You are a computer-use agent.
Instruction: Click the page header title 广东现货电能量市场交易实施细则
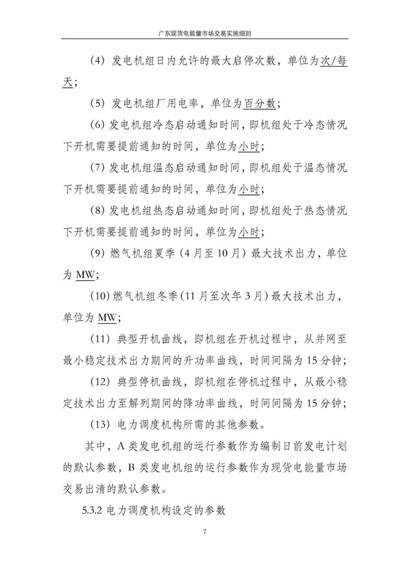[x=204, y=32]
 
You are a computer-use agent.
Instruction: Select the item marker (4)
[x=97, y=61]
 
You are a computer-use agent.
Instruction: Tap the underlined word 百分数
[x=262, y=104]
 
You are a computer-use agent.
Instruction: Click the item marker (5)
[x=97, y=104]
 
